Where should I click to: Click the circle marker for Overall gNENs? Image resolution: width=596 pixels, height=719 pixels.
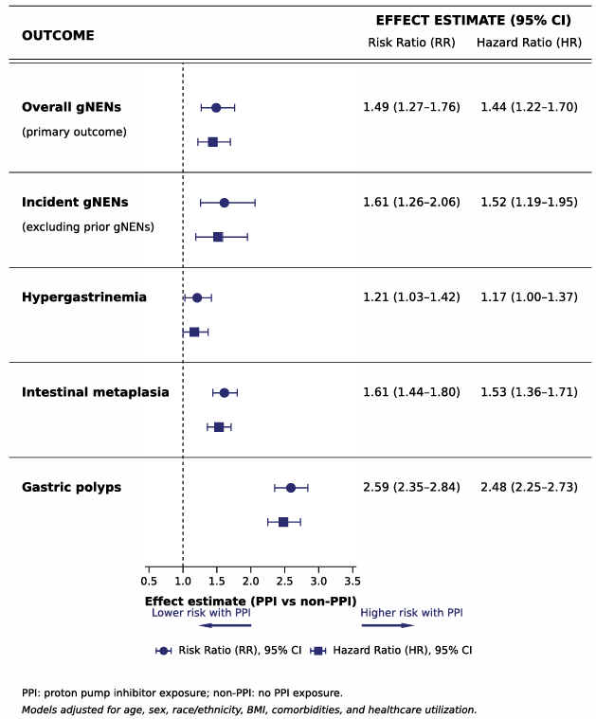pos(216,108)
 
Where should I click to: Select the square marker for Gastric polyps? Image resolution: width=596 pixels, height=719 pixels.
pos(283,522)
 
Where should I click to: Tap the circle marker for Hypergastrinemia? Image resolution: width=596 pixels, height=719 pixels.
pos(197,298)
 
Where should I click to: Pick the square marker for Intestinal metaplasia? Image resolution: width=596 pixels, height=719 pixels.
pos(219,427)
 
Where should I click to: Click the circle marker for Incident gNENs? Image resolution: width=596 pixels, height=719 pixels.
pos(225,203)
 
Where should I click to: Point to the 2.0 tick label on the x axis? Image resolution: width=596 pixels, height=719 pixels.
pos(250,582)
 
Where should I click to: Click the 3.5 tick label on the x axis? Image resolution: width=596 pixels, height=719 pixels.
pos(352,582)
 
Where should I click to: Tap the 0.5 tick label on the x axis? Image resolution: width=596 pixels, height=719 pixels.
pos(149,582)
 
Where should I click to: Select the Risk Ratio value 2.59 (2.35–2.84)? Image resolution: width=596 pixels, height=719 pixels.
pos(411,487)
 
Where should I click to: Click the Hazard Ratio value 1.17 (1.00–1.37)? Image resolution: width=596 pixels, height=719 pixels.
pos(529,297)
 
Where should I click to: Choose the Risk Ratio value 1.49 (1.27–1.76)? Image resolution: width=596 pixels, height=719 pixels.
pos(411,107)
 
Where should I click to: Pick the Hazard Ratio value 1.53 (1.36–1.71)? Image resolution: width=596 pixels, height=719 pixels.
pos(529,392)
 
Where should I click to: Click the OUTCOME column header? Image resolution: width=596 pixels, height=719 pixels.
pos(58,35)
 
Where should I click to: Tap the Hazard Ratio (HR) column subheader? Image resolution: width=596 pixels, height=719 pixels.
pos(529,43)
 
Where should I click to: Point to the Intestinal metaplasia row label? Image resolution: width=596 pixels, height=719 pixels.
pos(96,392)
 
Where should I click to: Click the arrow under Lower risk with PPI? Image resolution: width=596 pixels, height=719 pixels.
pos(226,625)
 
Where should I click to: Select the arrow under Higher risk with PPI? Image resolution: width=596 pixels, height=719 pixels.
pos(388,625)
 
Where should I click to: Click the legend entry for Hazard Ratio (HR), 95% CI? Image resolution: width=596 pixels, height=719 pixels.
pos(391,650)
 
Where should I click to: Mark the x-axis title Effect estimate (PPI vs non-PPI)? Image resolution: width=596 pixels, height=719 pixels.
pos(250,602)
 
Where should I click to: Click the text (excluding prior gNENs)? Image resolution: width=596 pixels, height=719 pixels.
pos(88,227)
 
